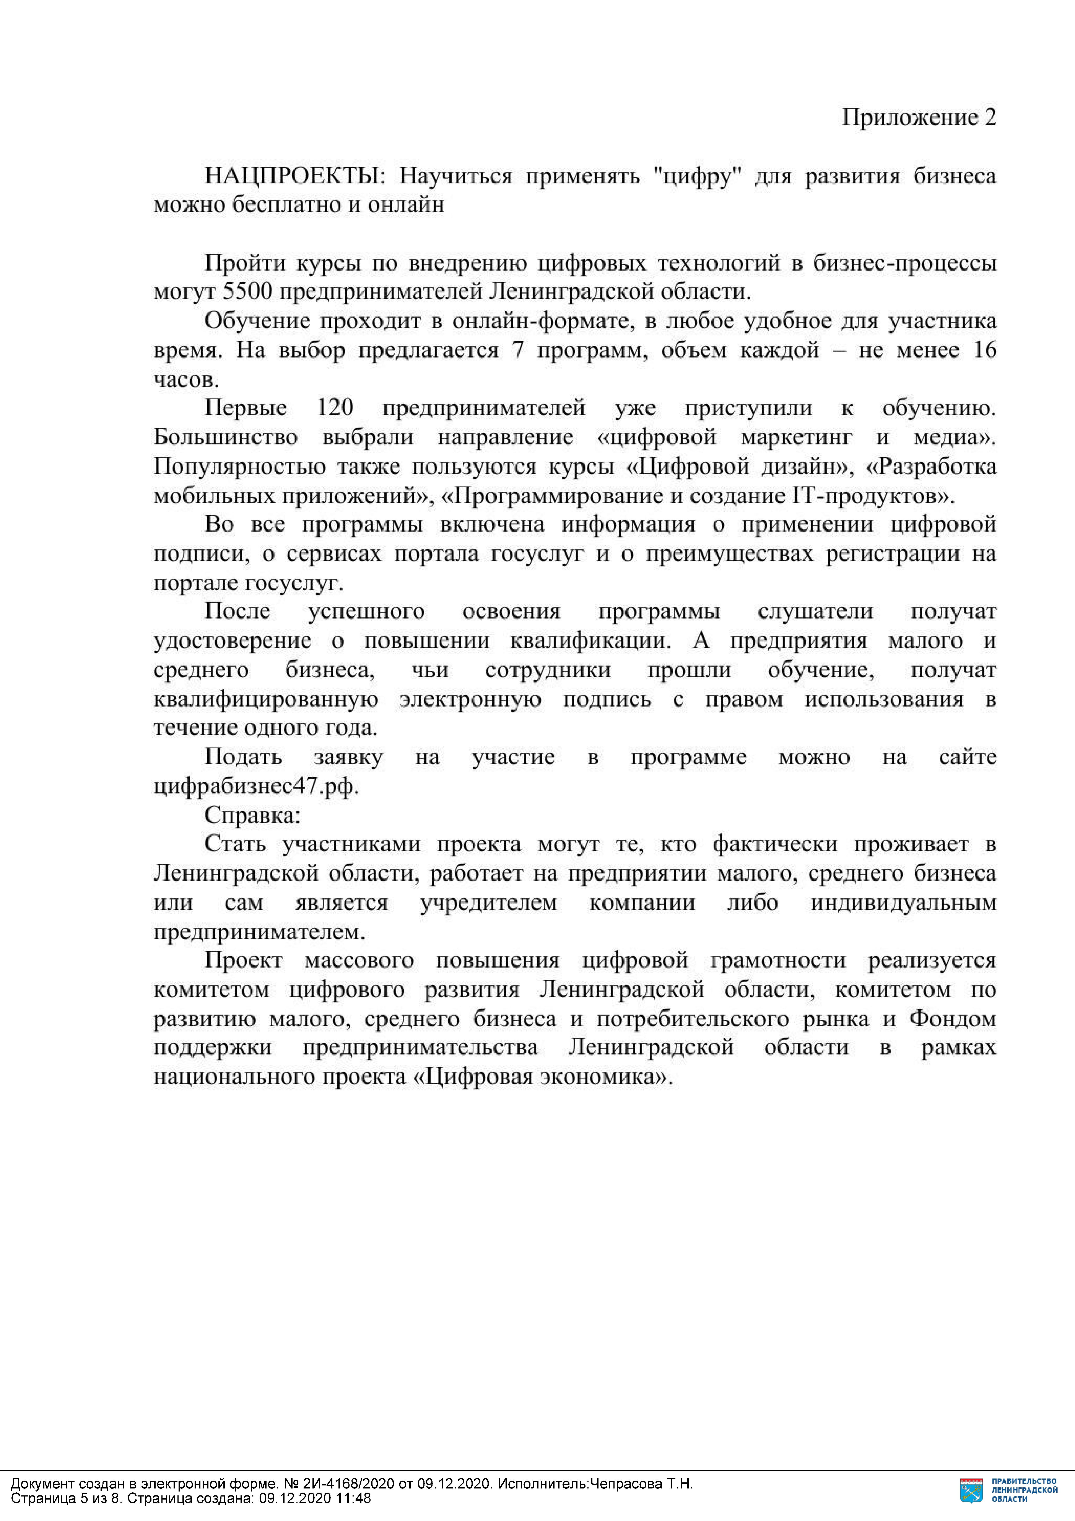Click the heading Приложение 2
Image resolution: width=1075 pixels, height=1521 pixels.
point(919,117)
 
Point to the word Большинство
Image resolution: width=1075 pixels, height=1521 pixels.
point(225,437)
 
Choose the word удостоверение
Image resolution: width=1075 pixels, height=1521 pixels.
point(232,641)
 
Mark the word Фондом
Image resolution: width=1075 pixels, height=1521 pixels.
point(953,1018)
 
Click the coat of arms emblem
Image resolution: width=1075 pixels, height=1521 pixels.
point(972,1490)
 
